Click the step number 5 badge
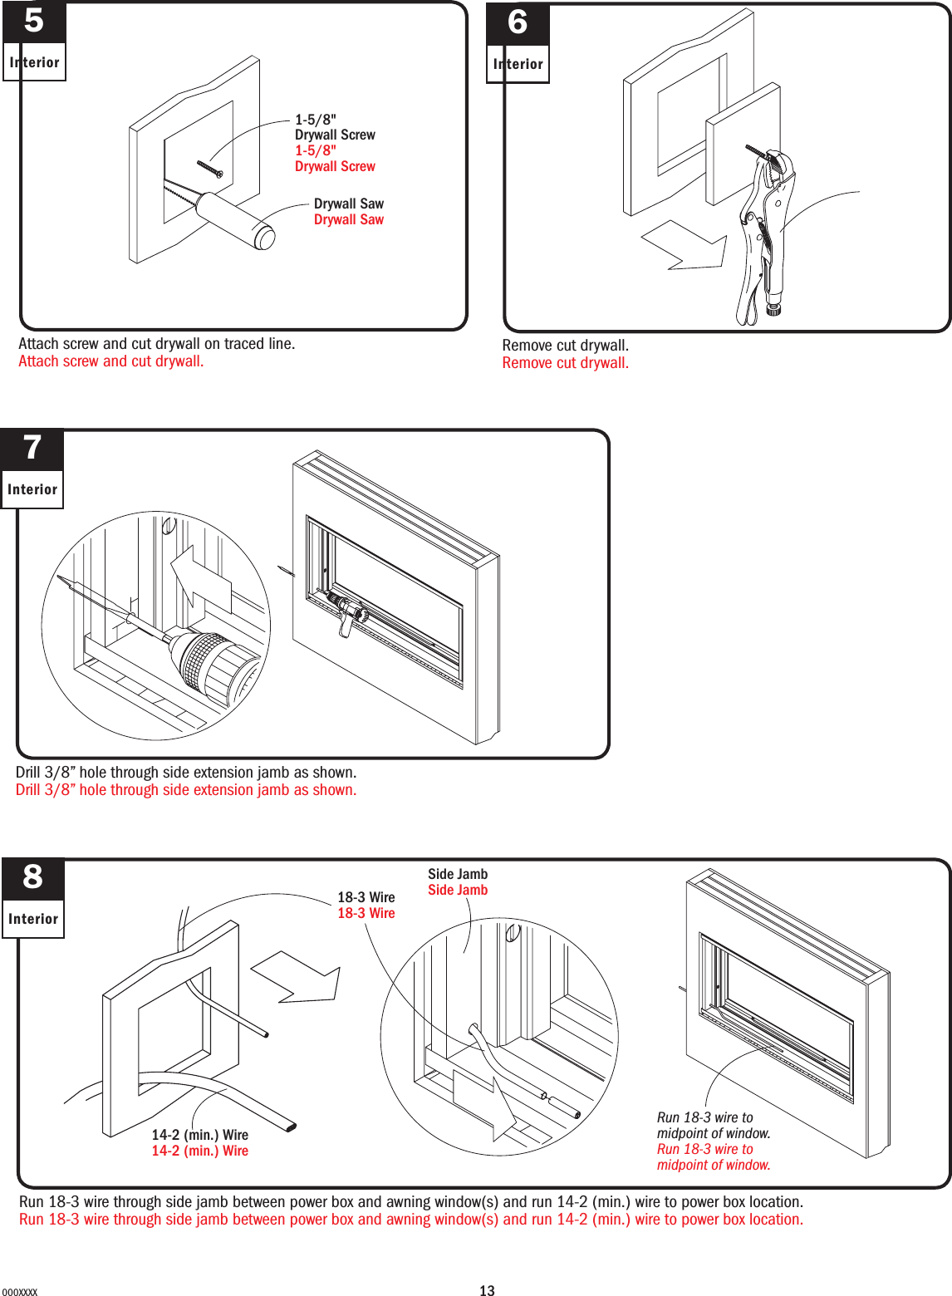(x=34, y=22)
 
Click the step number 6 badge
(x=518, y=23)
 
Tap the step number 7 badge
(x=32, y=449)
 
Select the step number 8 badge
(x=33, y=877)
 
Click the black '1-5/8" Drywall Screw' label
(x=334, y=127)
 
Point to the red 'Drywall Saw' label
(x=348, y=220)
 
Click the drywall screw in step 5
(x=210, y=168)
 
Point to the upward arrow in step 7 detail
(x=199, y=578)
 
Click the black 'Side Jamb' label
(x=458, y=874)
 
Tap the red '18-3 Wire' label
(x=366, y=913)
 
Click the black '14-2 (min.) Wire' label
(x=199, y=1135)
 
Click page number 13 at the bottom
(x=487, y=1290)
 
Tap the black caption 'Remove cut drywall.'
(x=565, y=346)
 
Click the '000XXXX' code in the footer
(x=20, y=1292)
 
